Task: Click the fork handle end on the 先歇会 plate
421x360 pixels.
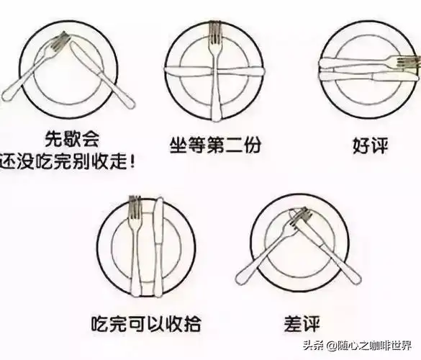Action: [7, 98]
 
